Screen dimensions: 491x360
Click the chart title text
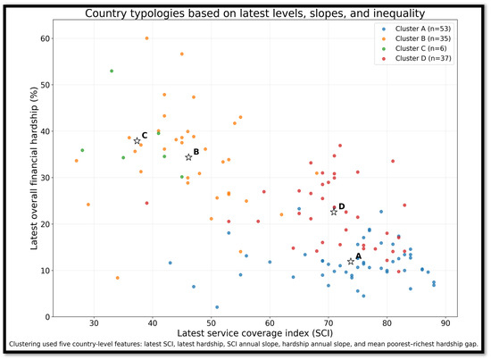[x=255, y=13]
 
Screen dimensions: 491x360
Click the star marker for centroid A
[x=351, y=262]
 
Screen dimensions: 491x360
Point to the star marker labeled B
[x=188, y=157]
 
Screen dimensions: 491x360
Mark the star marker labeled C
[x=137, y=141]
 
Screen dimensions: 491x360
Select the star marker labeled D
[x=334, y=212]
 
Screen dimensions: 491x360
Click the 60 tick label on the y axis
[x=46, y=38]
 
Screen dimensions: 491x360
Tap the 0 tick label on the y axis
[x=47, y=317]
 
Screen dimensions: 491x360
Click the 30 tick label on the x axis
[x=94, y=323]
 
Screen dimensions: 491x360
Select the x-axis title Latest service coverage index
[x=255, y=333]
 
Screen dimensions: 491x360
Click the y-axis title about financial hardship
[x=34, y=168]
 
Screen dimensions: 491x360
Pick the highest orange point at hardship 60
[x=147, y=38]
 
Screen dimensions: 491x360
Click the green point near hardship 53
[x=112, y=71]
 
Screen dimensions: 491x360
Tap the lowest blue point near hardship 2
[x=217, y=307]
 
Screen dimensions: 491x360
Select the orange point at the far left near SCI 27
[x=77, y=161]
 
